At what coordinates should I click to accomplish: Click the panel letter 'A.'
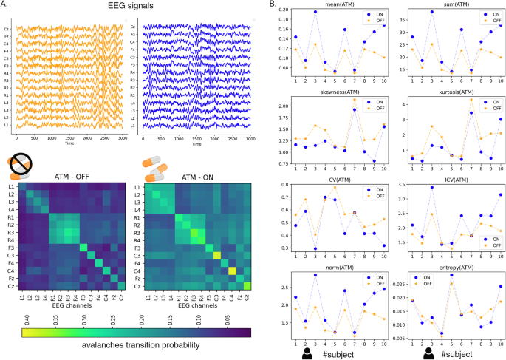pos(6,5)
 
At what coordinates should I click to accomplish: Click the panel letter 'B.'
pos(274,5)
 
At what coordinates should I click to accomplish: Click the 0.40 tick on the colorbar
pos(28,319)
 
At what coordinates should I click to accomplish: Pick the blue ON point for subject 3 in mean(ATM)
pos(315,13)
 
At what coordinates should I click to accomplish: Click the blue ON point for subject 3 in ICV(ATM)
pos(431,188)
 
